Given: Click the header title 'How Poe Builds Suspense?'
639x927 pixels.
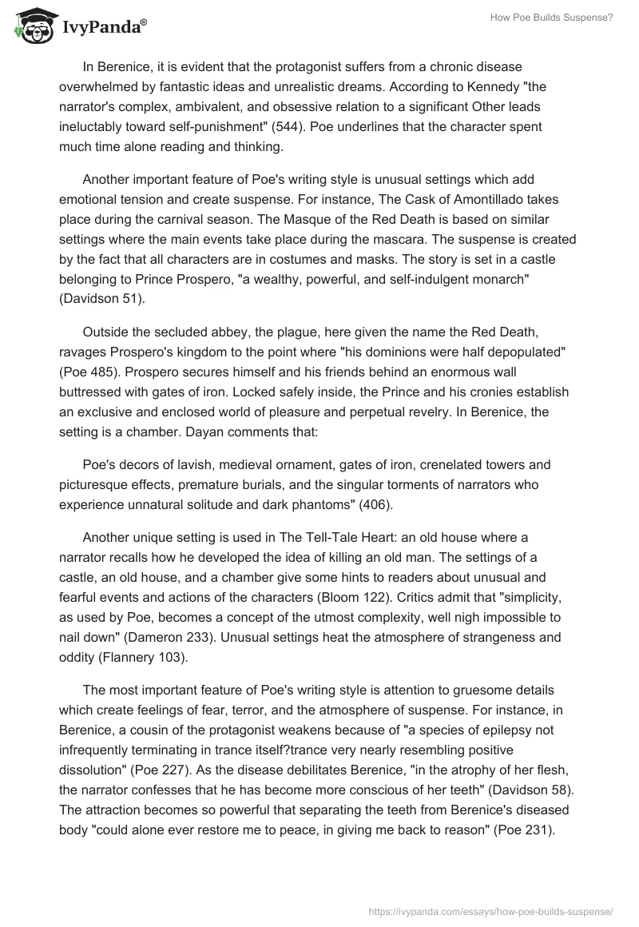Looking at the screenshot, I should click(x=550, y=18).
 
